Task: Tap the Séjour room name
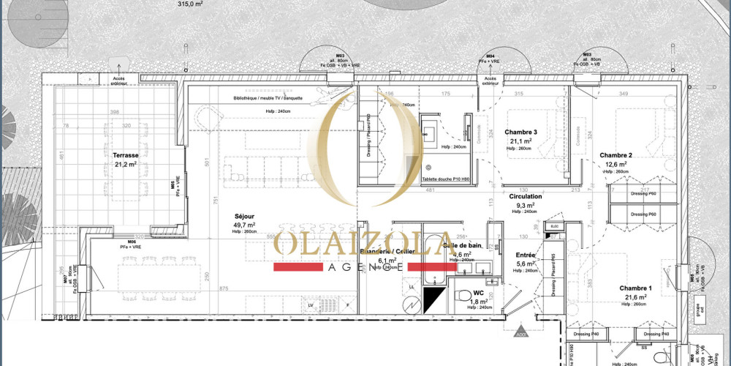244,217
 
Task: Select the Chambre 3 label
520,132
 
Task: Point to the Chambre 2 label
616,155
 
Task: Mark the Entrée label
526,255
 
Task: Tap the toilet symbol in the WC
461,296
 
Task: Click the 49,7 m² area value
245,226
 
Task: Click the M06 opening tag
132,242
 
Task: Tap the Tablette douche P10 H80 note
446,179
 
